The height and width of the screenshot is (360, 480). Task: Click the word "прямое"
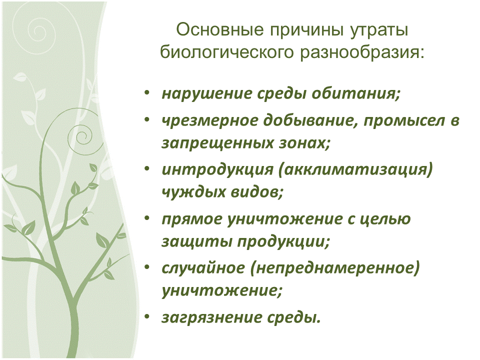189,218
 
